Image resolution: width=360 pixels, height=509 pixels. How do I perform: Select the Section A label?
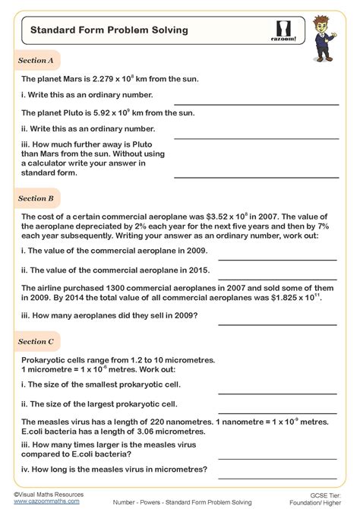coord(36,60)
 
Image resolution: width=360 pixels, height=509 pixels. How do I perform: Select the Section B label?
coord(36,198)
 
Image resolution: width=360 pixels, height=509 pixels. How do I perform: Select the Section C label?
coord(36,342)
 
